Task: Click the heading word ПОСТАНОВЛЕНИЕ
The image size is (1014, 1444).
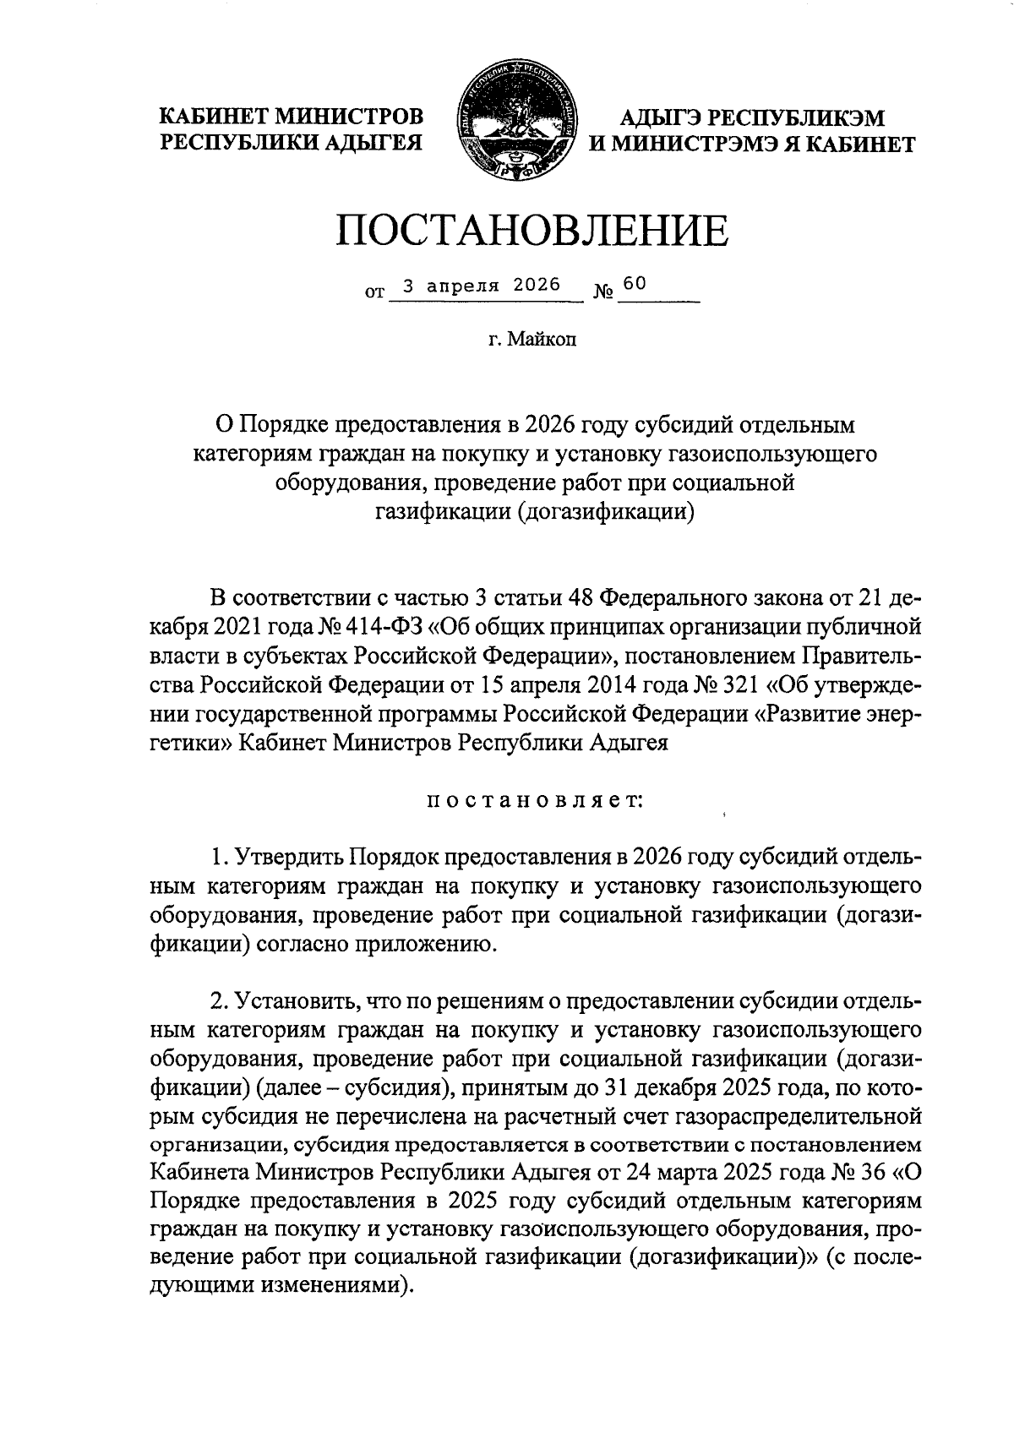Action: coord(532,230)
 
